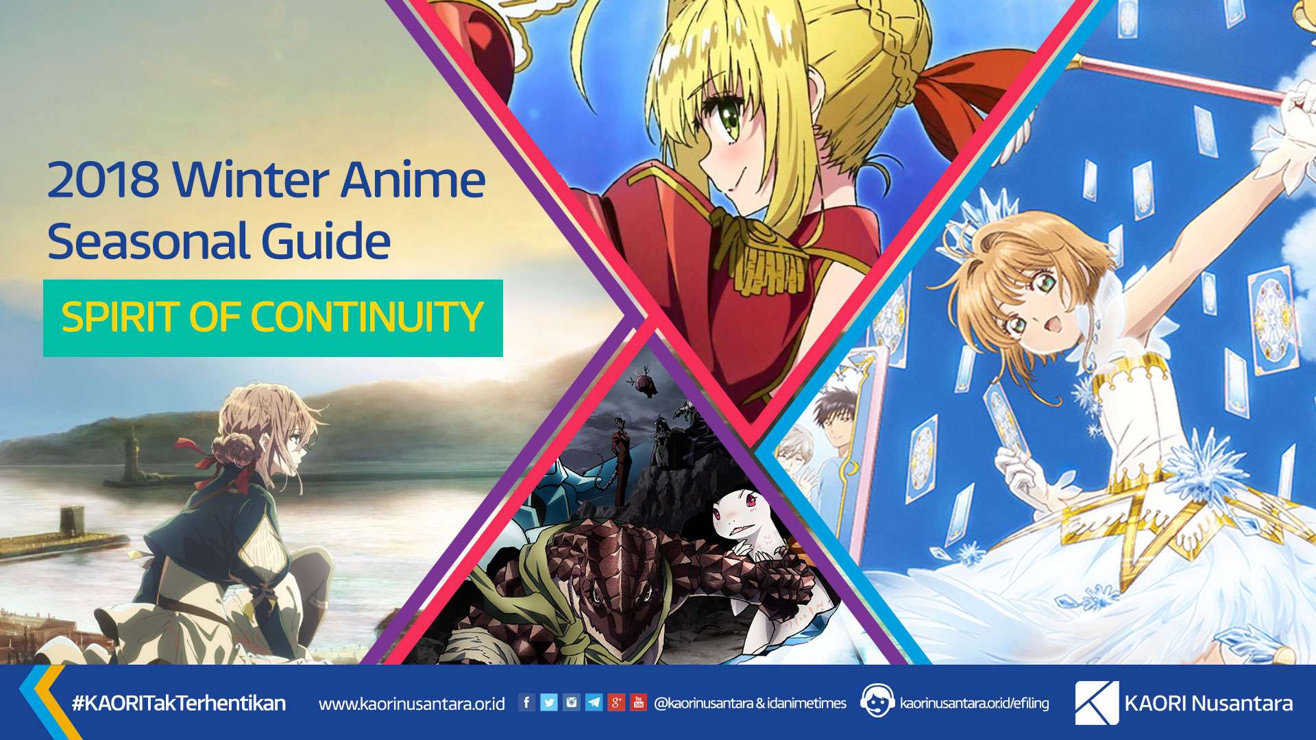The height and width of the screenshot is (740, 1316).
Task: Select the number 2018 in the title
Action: [x=103, y=180]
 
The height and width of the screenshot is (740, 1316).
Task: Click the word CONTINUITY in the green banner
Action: [x=367, y=317]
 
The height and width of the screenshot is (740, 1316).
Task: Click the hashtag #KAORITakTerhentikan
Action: [x=178, y=703]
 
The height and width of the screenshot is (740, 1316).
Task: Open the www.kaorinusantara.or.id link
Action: [x=412, y=704]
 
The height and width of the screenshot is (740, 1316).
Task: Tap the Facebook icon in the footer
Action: [x=526, y=702]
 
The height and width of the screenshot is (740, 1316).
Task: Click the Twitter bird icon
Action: [x=549, y=702]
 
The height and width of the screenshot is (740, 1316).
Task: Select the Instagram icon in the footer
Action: [x=572, y=702]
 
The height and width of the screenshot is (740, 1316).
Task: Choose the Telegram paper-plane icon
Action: [x=594, y=702]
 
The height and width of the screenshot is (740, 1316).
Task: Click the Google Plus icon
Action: [x=616, y=702]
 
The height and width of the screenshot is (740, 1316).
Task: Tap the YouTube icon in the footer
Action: [x=639, y=702]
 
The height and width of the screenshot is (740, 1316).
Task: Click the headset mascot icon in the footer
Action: [x=877, y=701]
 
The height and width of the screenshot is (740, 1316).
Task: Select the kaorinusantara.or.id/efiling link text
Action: [x=974, y=703]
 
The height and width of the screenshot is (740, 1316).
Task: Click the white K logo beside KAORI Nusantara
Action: [x=1096, y=702]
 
